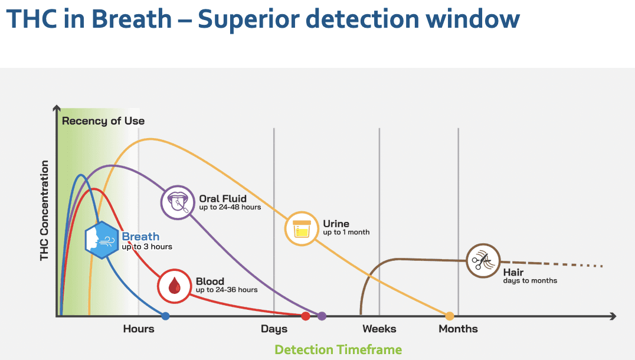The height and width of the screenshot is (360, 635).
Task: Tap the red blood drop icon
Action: (x=175, y=286)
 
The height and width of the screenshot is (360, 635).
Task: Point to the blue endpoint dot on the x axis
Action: (x=166, y=316)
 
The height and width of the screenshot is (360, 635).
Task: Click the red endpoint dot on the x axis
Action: (x=306, y=316)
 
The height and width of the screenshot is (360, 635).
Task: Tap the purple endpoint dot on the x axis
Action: (x=322, y=316)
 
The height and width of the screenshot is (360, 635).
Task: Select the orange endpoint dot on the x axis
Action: (x=450, y=316)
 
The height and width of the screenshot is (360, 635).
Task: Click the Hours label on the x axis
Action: (x=139, y=329)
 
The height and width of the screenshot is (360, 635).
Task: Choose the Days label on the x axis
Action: (x=274, y=329)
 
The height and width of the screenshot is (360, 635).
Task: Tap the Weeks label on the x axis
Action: (x=379, y=329)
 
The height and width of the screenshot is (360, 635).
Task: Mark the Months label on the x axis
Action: (x=459, y=329)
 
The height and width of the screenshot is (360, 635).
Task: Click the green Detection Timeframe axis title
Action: (x=338, y=349)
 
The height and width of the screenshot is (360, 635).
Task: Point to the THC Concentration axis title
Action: (x=45, y=210)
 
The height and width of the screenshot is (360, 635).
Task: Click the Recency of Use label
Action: (x=103, y=121)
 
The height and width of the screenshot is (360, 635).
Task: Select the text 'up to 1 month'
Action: (x=346, y=233)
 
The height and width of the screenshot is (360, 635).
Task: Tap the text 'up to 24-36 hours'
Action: (x=227, y=290)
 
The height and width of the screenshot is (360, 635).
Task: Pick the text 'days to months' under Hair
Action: (x=530, y=280)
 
